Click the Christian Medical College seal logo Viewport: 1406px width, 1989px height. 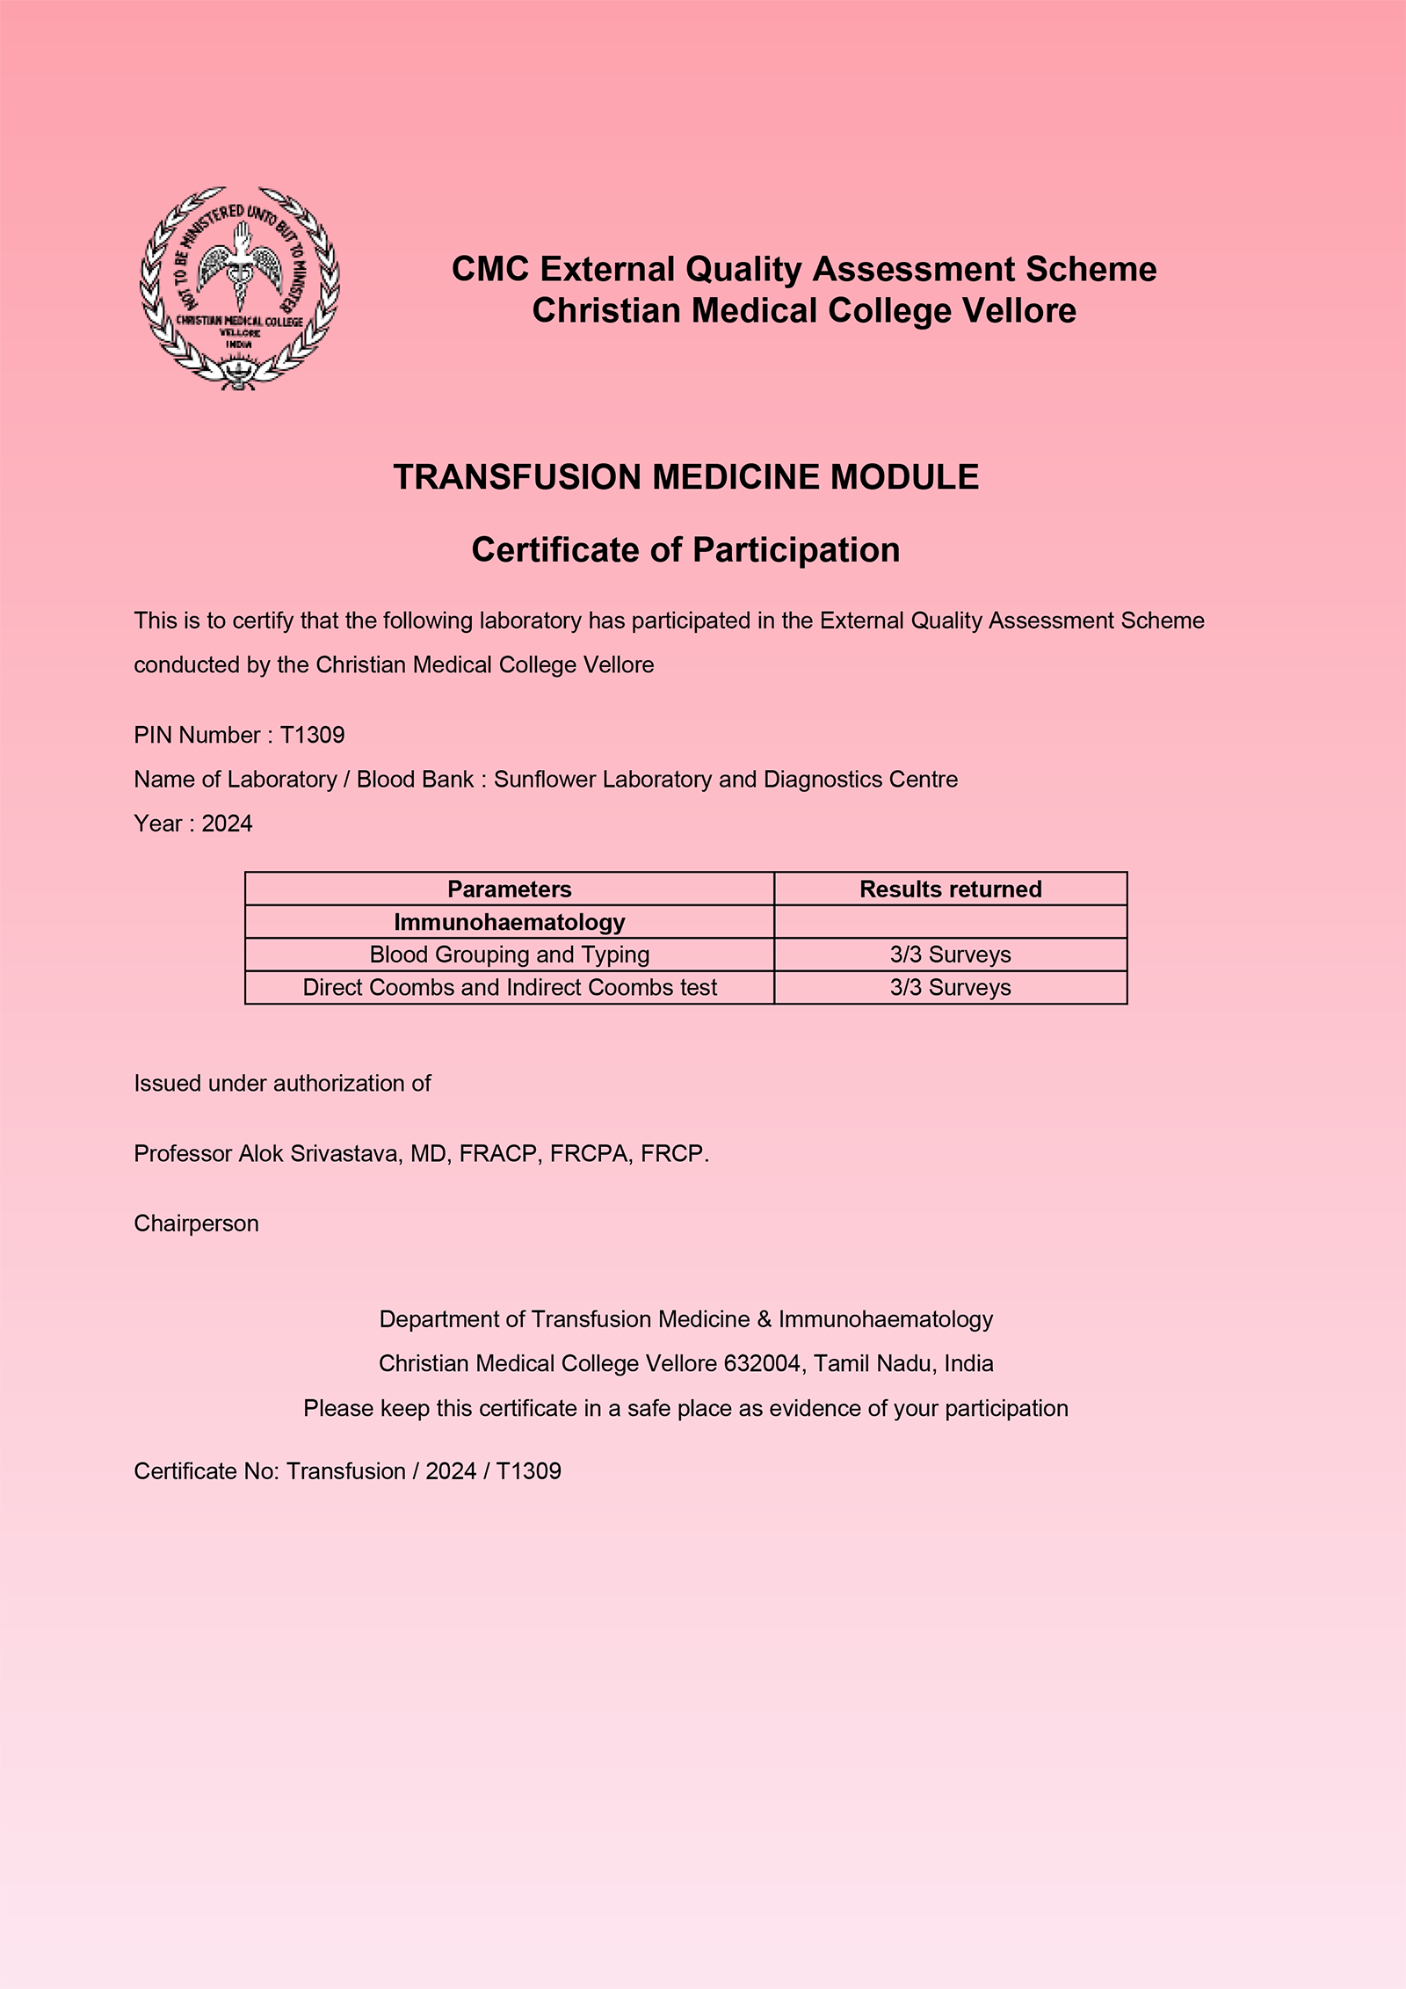tap(240, 287)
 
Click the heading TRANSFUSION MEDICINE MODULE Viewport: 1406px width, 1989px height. tap(685, 477)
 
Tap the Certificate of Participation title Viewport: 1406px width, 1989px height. tap(685, 550)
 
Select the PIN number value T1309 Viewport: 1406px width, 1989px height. tap(313, 735)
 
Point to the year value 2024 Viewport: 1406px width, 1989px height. tap(227, 824)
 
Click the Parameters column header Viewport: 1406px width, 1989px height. tap(510, 889)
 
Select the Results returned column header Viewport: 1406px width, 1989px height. tap(950, 889)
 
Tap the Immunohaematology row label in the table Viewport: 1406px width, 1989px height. tap(510, 922)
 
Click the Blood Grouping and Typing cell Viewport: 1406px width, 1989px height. tap(510, 955)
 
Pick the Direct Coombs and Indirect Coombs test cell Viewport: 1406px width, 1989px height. tap(510, 988)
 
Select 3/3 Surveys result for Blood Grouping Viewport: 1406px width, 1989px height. tap(950, 955)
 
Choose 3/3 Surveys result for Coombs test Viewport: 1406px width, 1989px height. tap(950, 988)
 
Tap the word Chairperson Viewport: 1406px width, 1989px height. tap(196, 1223)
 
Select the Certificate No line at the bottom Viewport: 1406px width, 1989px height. tap(347, 1471)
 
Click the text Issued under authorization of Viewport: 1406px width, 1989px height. tap(282, 1084)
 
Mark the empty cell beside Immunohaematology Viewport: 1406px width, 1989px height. tap(950, 922)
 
